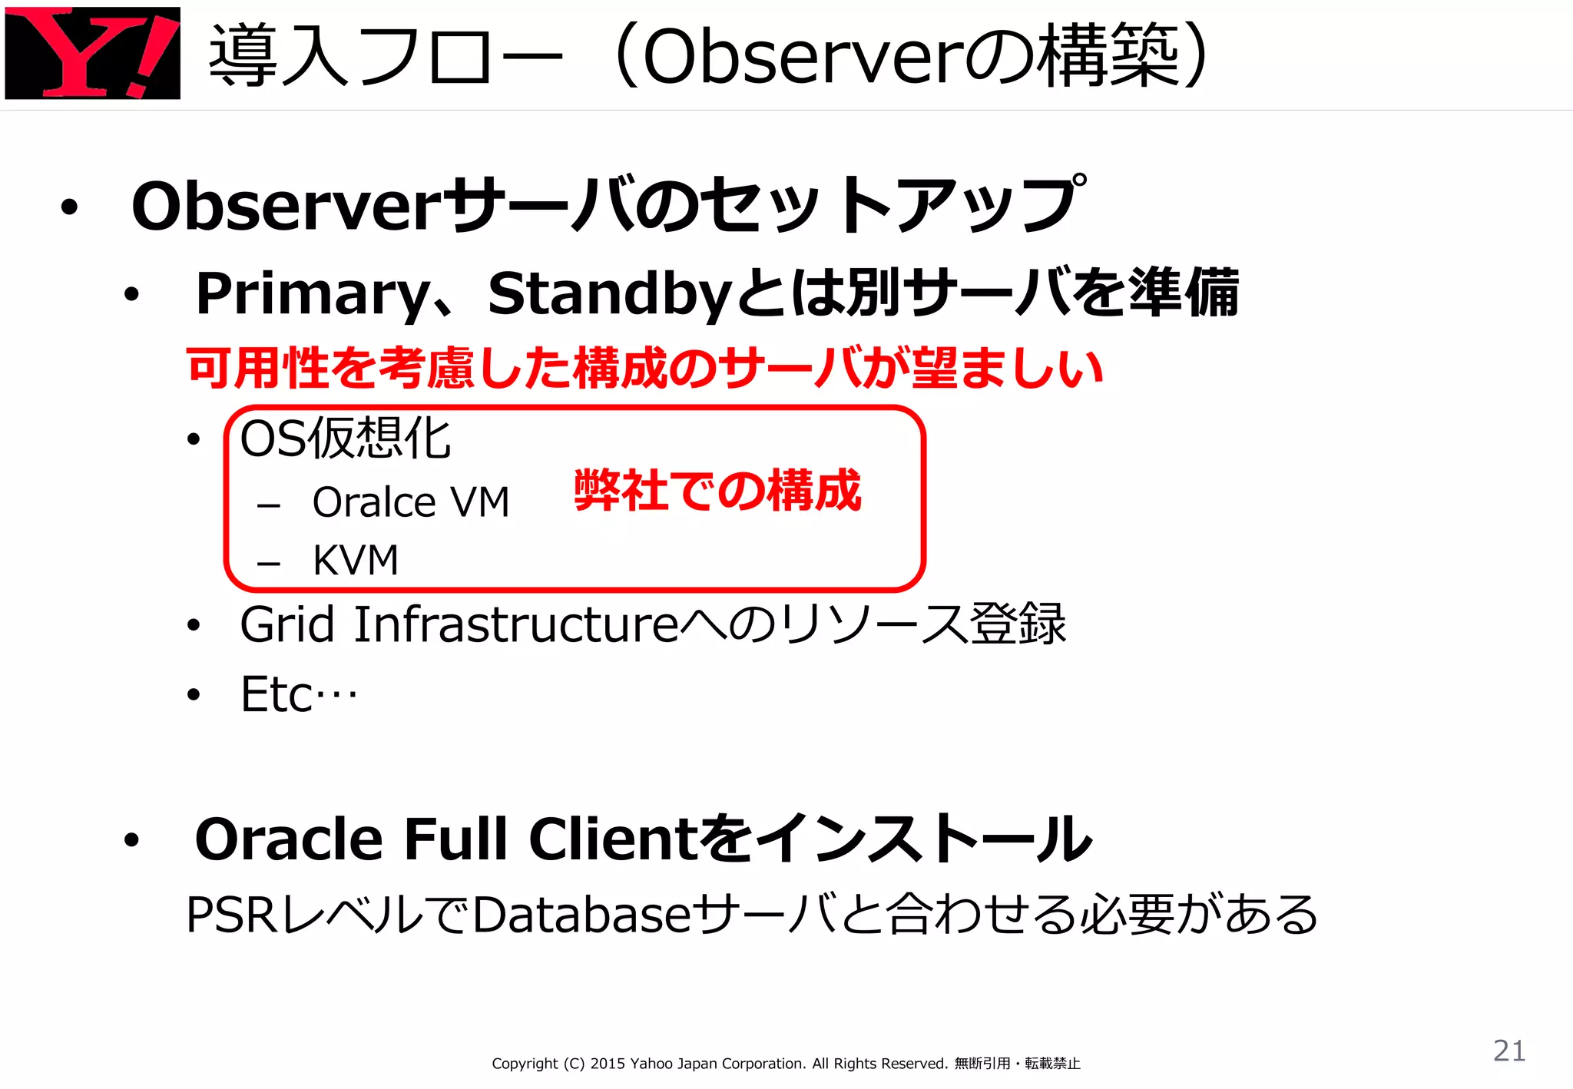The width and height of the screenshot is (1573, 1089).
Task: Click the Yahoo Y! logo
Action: [92, 52]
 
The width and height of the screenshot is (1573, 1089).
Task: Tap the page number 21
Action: [1508, 1050]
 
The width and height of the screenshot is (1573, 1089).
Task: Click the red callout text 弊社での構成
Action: [717, 490]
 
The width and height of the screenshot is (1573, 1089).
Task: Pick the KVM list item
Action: [356, 559]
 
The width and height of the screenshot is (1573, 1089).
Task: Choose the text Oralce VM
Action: [411, 502]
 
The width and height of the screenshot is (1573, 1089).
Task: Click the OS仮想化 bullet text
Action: [345, 439]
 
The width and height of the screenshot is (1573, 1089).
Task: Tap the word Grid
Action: [286, 624]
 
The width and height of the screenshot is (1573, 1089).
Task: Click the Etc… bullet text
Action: [299, 694]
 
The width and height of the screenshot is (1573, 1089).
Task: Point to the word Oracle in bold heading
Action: [288, 839]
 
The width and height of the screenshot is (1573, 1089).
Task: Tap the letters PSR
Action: [231, 915]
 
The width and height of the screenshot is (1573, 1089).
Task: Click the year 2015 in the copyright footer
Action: [608, 1064]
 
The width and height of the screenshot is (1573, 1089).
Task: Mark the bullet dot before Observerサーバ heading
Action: [70, 207]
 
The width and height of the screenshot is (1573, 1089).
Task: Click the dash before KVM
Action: [269, 563]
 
